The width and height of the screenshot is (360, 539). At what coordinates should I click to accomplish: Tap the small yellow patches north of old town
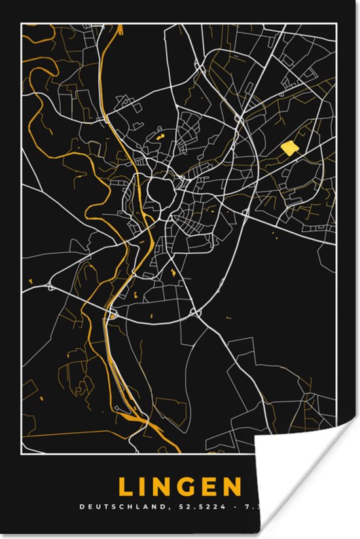point(160,138)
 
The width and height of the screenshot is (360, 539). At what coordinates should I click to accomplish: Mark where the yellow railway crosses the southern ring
point(115,314)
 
